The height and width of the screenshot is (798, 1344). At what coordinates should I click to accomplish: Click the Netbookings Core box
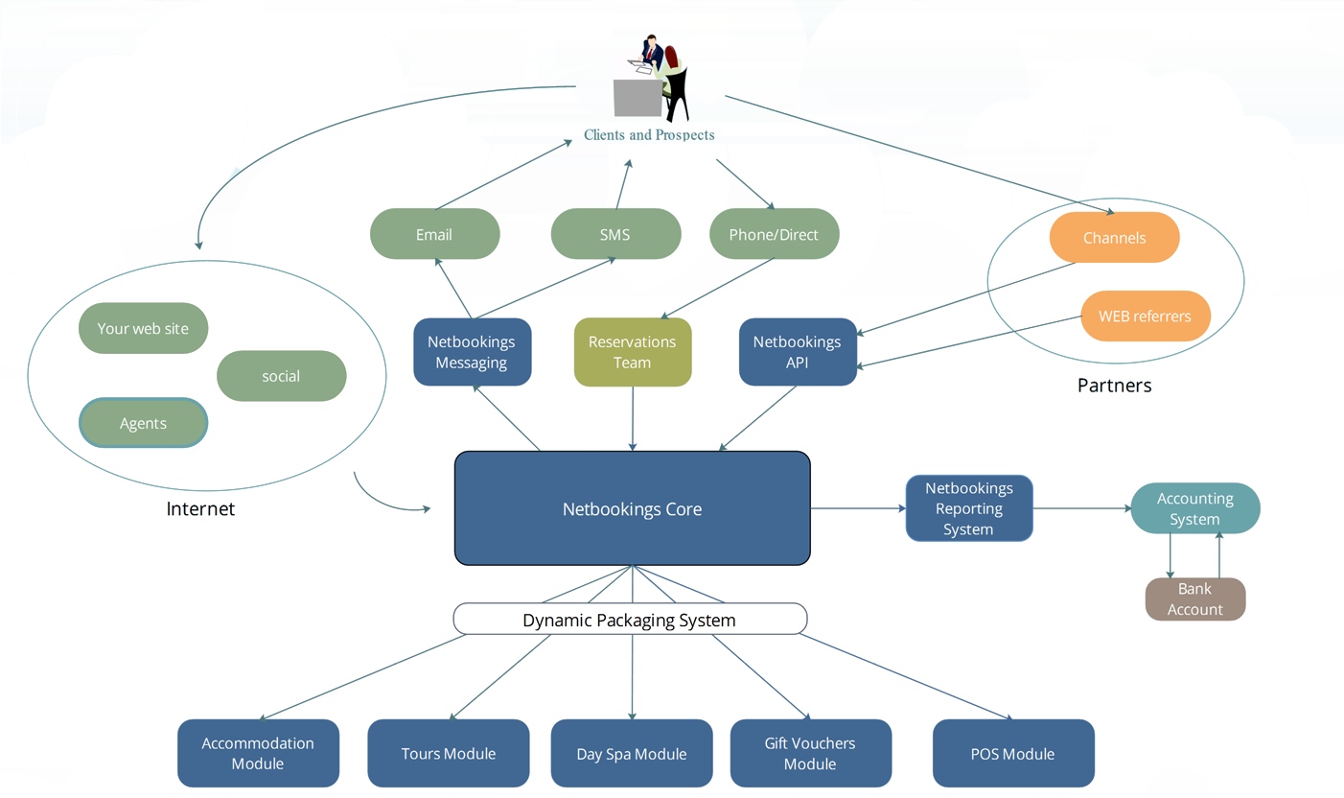tap(632, 508)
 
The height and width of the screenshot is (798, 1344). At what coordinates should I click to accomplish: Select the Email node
tap(434, 234)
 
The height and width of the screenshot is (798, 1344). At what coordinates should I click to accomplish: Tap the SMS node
tap(615, 234)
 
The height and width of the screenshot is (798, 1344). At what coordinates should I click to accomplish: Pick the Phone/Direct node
tap(774, 234)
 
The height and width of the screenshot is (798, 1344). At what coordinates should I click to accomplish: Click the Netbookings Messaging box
tap(472, 352)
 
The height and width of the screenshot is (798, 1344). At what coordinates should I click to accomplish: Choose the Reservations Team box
tap(632, 352)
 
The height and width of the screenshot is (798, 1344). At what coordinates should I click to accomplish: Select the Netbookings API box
tap(797, 352)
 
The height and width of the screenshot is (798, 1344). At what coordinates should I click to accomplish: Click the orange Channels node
tap(1114, 238)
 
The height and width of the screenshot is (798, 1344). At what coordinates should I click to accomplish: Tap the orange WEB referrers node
tap(1145, 316)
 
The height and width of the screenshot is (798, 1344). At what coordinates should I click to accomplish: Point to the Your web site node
tap(143, 328)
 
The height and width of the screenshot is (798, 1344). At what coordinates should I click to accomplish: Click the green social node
tap(281, 376)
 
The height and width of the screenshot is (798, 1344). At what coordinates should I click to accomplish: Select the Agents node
tap(143, 423)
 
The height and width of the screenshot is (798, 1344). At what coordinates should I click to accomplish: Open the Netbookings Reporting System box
tap(968, 508)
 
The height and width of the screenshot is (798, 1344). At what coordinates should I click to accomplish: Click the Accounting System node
tap(1194, 508)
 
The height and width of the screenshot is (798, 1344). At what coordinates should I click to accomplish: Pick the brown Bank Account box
tap(1194, 598)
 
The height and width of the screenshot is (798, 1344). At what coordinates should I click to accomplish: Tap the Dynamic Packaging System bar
tap(630, 620)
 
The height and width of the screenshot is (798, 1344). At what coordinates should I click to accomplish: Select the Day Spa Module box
tap(631, 754)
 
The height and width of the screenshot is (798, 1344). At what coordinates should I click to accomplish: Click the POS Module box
tap(1012, 754)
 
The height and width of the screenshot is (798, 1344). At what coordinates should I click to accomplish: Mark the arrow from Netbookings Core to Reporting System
tap(858, 508)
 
